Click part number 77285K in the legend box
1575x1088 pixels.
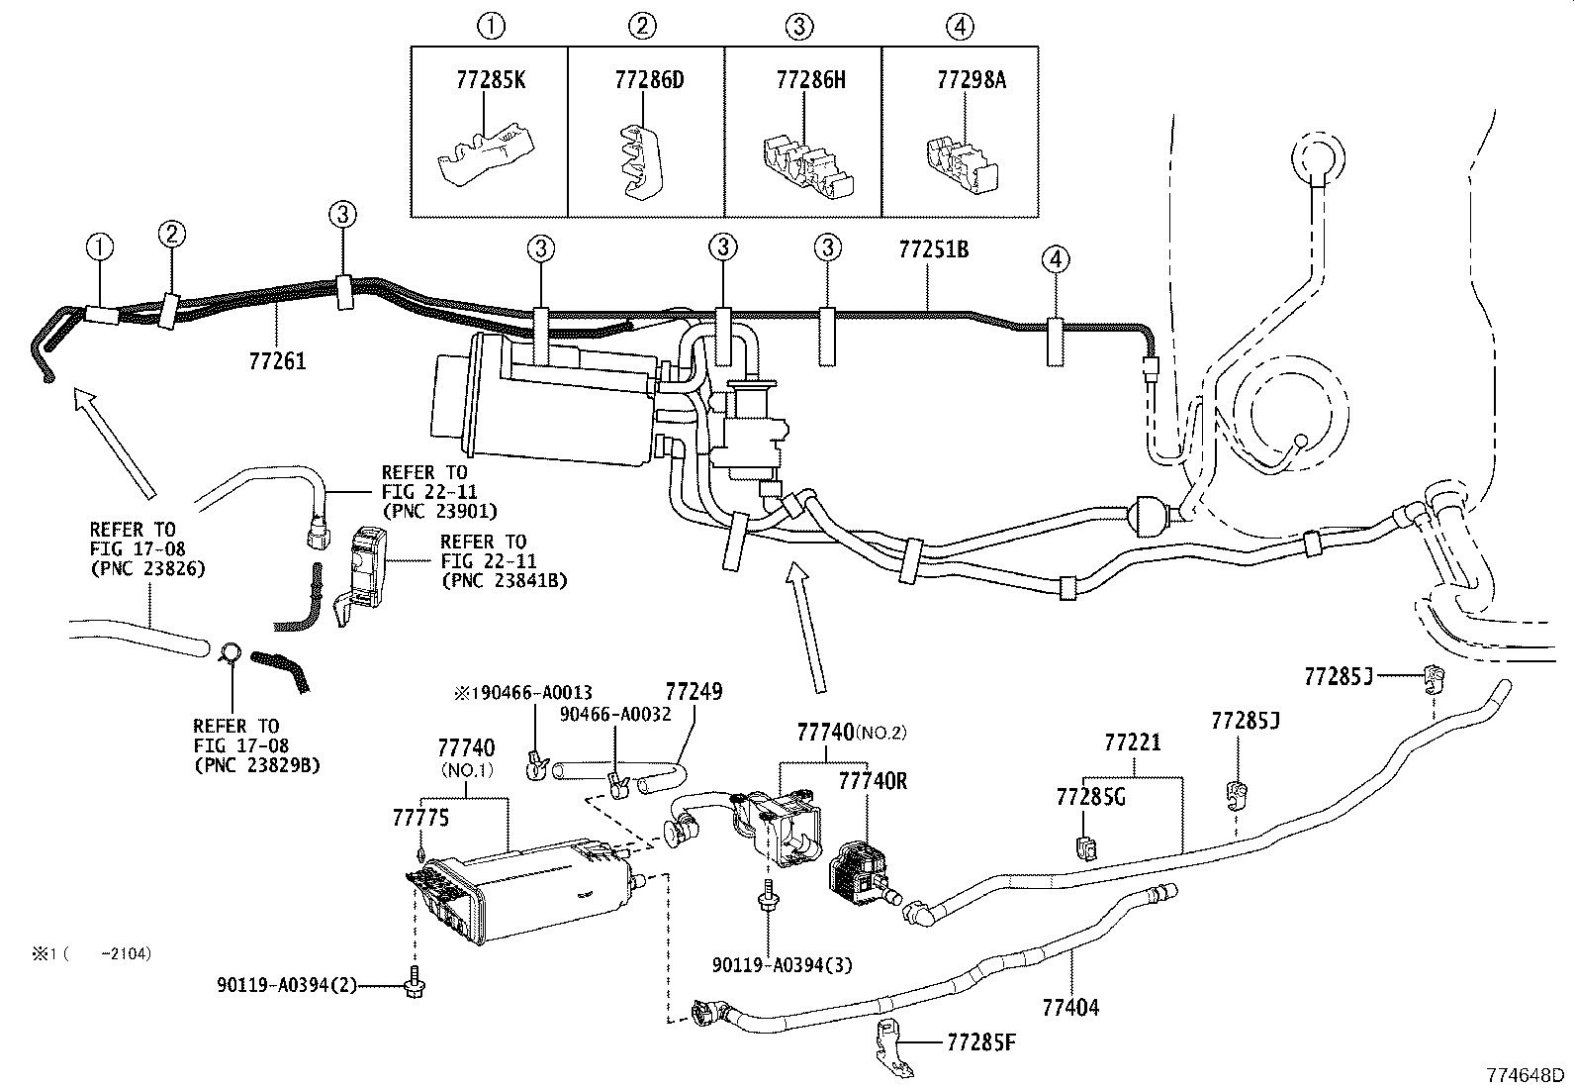click(491, 80)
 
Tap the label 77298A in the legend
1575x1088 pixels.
click(971, 80)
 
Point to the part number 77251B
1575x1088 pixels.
click(933, 249)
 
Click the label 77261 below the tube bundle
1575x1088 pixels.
click(278, 361)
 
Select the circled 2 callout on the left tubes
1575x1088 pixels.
click(172, 235)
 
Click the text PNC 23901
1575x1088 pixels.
click(439, 512)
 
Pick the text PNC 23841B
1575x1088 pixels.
click(504, 579)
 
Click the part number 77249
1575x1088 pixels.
click(694, 691)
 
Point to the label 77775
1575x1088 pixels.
click(420, 818)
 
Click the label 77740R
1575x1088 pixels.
click(873, 781)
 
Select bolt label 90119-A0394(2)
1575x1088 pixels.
click(287, 985)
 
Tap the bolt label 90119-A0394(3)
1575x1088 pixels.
click(782, 963)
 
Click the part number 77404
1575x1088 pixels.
click(1070, 1009)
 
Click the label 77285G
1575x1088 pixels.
click(1090, 797)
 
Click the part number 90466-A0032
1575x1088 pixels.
click(614, 714)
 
